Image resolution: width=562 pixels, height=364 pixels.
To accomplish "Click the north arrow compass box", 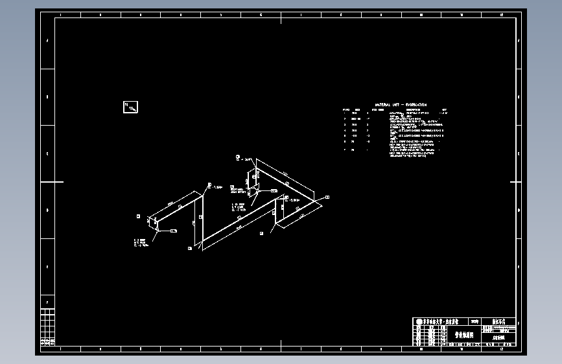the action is [130, 107].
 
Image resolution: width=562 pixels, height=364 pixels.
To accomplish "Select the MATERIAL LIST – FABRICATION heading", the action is [401, 105].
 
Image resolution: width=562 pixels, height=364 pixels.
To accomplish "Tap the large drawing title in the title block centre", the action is [464, 335].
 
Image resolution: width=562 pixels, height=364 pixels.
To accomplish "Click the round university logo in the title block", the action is [419, 322].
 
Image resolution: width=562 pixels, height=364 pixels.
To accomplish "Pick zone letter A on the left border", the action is [47, 40].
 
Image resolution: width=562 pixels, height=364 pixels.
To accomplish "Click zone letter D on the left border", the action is [47, 210].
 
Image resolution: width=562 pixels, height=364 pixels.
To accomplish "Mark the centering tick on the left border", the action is [58, 182].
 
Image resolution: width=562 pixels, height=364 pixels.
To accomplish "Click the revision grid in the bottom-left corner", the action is [47, 327].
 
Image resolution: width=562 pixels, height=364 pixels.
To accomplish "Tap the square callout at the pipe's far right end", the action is [327, 196].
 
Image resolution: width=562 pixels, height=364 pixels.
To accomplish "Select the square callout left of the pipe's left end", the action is [138, 216].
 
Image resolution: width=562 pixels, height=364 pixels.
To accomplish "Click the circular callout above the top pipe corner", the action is [238, 157].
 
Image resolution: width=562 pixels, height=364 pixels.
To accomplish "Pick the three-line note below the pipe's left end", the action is [141, 243].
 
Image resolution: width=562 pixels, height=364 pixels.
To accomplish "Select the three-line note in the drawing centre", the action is [239, 207].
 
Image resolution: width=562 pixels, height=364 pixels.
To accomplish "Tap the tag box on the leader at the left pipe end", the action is [173, 230].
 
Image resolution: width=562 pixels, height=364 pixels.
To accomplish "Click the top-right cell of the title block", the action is [503, 321].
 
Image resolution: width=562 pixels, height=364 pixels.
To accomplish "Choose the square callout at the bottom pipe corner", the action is [190, 248].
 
